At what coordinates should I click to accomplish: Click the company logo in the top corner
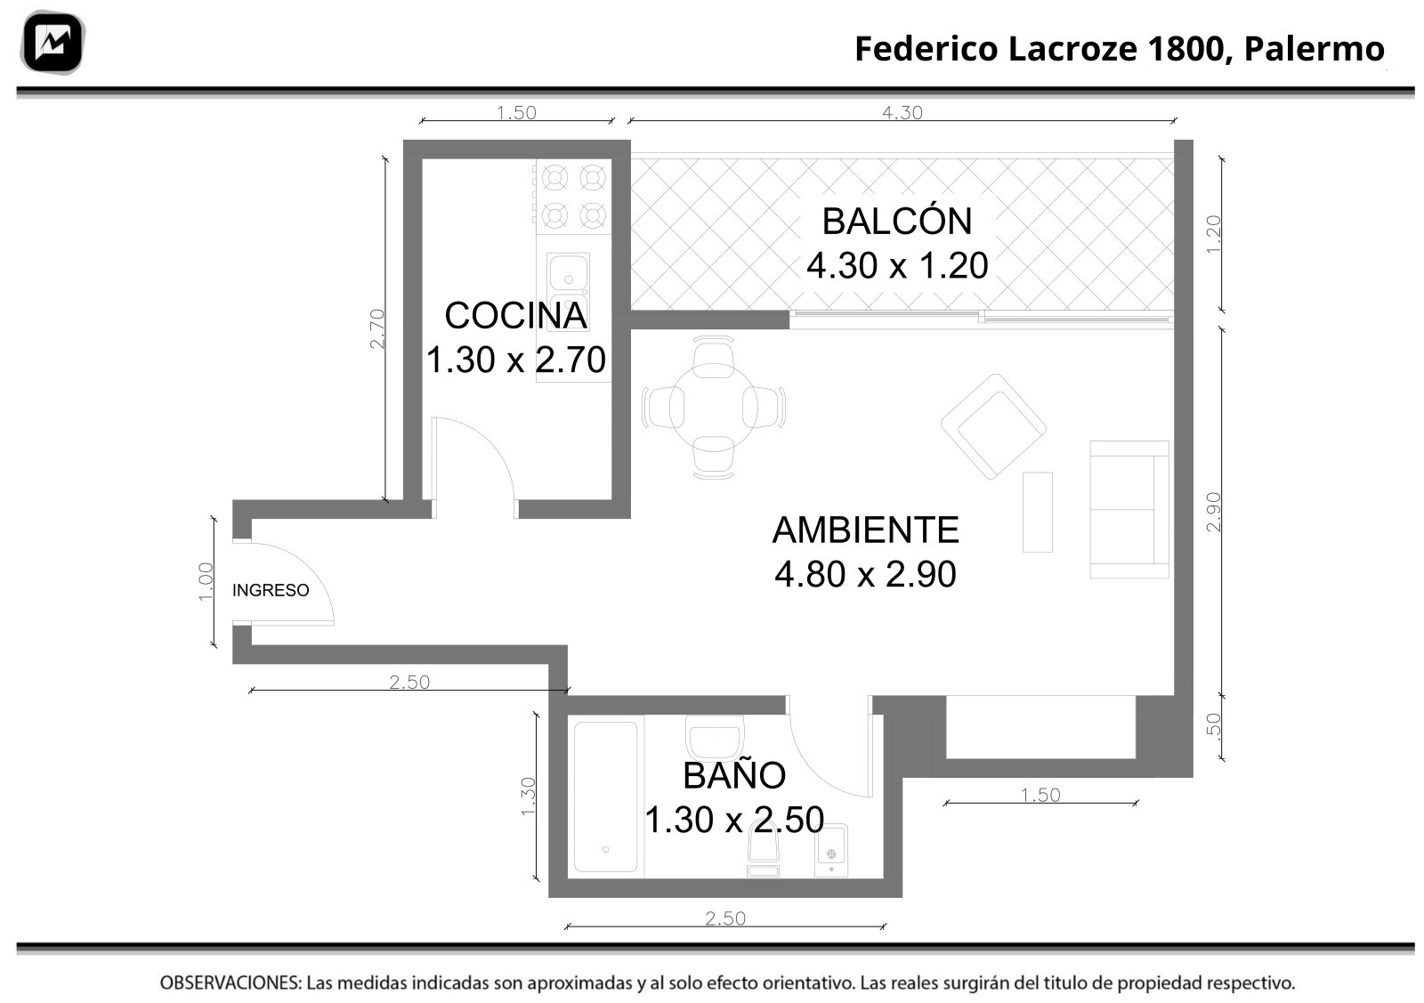(x=53, y=43)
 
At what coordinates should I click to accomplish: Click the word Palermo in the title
(x=1314, y=49)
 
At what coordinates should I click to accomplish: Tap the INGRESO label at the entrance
(x=271, y=590)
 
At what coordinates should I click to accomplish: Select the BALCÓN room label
(x=897, y=222)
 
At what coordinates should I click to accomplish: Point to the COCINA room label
(x=515, y=315)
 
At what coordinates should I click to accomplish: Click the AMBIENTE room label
(x=865, y=530)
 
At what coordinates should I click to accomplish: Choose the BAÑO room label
(x=734, y=775)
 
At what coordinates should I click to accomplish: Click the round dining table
(x=713, y=408)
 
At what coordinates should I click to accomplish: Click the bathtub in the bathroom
(x=605, y=797)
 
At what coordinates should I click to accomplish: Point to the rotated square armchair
(x=993, y=426)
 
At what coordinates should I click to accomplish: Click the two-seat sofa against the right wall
(x=1129, y=510)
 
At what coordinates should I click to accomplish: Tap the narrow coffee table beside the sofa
(x=1038, y=513)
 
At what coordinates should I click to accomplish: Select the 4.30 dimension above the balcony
(x=902, y=112)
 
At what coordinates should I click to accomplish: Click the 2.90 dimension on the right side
(x=1214, y=513)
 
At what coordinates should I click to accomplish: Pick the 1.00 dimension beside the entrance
(x=206, y=582)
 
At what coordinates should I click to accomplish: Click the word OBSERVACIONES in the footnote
(x=231, y=983)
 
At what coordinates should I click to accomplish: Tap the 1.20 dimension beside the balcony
(x=1214, y=235)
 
